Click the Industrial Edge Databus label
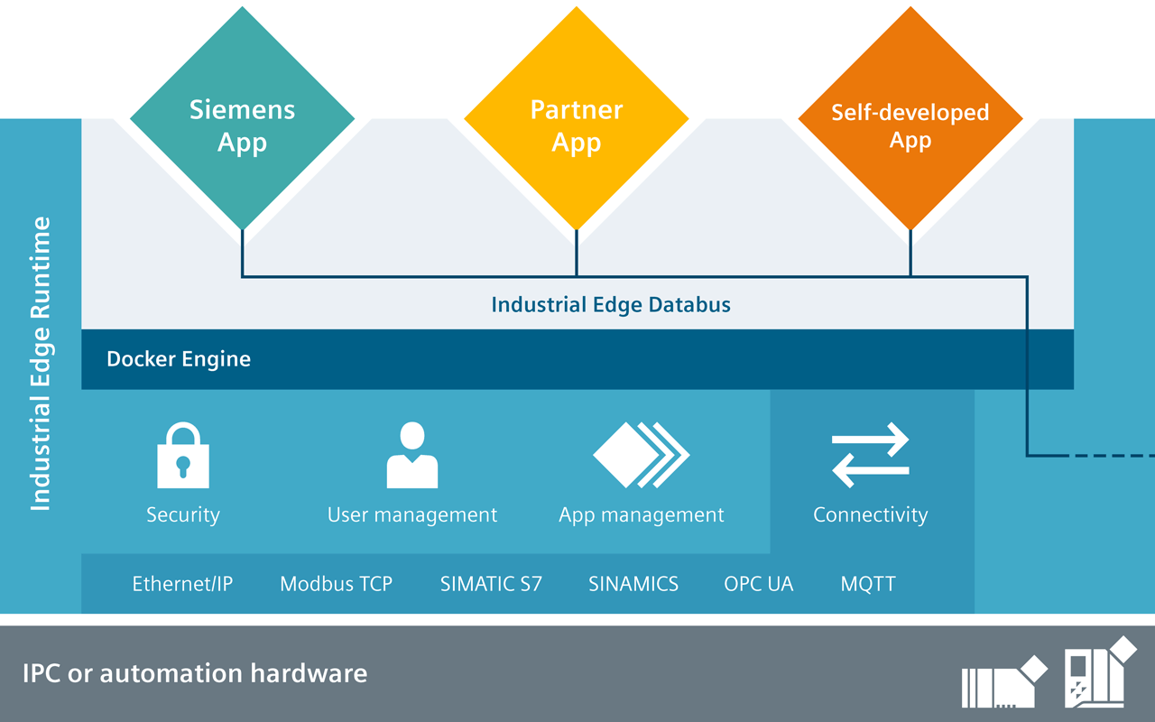611,305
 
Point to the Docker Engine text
179,359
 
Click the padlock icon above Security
183,456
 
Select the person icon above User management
412,456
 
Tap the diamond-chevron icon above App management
641,455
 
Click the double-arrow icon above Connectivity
871,455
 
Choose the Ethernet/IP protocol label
182,584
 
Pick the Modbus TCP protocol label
336,584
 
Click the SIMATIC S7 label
491,584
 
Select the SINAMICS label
633,584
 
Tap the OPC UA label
759,584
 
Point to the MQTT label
868,584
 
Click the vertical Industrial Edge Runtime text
41,364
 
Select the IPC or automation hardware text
195,673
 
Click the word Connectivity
871,515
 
